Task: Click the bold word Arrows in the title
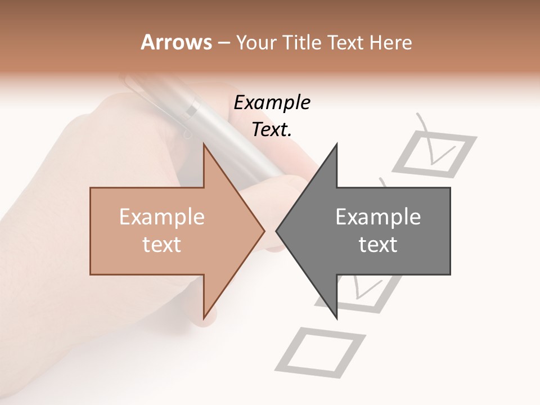[177, 42]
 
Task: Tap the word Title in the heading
[301, 42]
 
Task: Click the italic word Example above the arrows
[272, 103]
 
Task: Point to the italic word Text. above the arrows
[272, 129]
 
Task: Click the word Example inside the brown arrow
[162, 217]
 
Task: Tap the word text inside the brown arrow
[162, 245]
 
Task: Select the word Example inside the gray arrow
[378, 217]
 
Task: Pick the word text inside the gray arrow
[378, 245]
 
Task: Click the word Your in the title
[257, 42]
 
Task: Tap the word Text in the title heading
[346, 42]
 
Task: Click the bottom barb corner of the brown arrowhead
[204, 317]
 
